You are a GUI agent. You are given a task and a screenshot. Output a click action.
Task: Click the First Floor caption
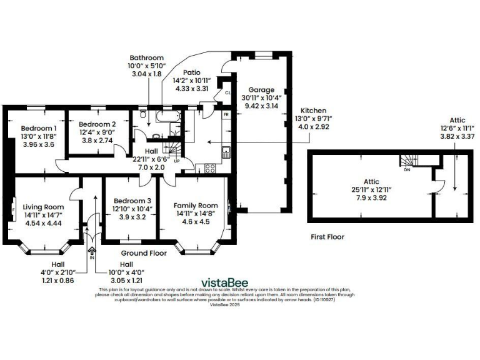(x=327, y=237)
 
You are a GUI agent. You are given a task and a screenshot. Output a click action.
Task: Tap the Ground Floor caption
(x=144, y=254)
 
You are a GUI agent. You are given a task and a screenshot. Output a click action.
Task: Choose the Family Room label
(x=196, y=205)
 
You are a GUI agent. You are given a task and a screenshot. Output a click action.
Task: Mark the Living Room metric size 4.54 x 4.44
(x=43, y=223)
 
